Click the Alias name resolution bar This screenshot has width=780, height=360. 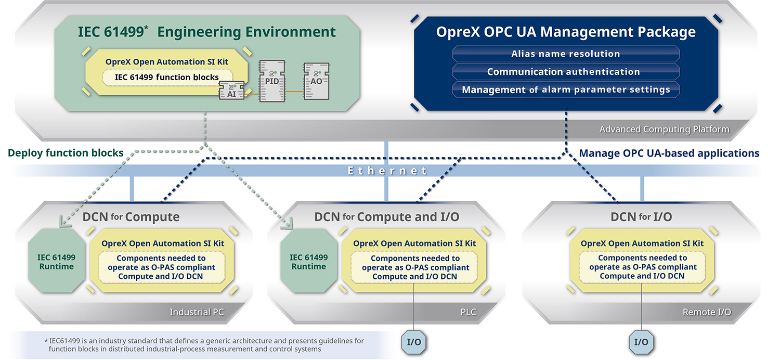click(x=566, y=54)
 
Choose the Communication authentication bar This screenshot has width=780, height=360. click(x=566, y=72)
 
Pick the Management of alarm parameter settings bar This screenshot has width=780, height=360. click(x=566, y=89)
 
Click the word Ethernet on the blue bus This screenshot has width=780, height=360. click(x=387, y=171)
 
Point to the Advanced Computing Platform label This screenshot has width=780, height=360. click(x=664, y=129)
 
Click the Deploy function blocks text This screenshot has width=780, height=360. click(x=66, y=153)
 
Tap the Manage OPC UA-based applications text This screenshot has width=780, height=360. click(x=669, y=153)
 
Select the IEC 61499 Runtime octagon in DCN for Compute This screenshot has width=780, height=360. click(x=56, y=262)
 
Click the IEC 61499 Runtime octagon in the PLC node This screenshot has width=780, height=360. click(x=308, y=262)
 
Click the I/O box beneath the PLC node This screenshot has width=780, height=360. click(x=414, y=342)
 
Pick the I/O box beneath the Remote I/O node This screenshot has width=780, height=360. click(x=641, y=342)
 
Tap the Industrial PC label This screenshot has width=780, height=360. click(x=197, y=312)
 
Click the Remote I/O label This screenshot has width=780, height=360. click(x=707, y=312)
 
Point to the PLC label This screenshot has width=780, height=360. click(x=467, y=312)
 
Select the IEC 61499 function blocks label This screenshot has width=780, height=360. click(x=166, y=77)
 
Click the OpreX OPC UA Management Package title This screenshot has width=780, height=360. click(x=566, y=32)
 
